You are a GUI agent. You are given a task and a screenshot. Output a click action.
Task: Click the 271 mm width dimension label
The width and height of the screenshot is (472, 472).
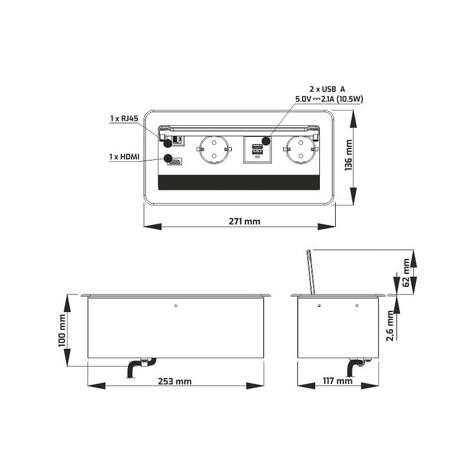coord(244,221)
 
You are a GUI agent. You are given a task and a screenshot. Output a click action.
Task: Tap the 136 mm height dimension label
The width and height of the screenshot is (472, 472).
coord(348,155)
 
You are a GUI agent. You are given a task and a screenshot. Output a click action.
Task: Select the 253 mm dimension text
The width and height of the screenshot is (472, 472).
coord(175,381)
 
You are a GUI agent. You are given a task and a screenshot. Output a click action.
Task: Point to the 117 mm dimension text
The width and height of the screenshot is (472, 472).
coord(337,381)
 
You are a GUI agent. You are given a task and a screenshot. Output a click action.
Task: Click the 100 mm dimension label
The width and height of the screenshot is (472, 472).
coord(62,330)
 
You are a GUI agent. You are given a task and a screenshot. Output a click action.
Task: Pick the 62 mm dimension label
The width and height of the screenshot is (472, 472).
coord(406,273)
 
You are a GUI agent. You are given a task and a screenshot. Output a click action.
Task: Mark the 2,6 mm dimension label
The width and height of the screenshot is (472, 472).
coord(390,326)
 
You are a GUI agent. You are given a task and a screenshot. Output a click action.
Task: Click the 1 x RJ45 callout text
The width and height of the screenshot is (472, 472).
coord(124,119)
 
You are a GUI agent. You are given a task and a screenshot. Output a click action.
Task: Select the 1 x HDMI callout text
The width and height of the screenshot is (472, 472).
coord(124,156)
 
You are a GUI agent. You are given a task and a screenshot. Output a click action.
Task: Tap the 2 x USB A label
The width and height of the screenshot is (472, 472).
coord(327,89)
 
